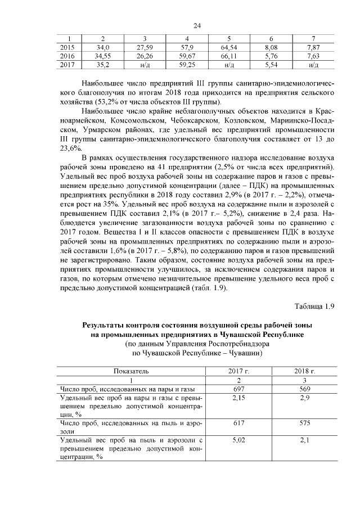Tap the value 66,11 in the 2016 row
[229, 56]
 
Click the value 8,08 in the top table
[271, 48]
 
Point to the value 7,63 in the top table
[314, 56]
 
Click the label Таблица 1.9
[314, 306]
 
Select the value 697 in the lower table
[239, 389]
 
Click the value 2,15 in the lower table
[239, 398]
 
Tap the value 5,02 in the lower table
[239, 440]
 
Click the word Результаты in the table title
[107, 326]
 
